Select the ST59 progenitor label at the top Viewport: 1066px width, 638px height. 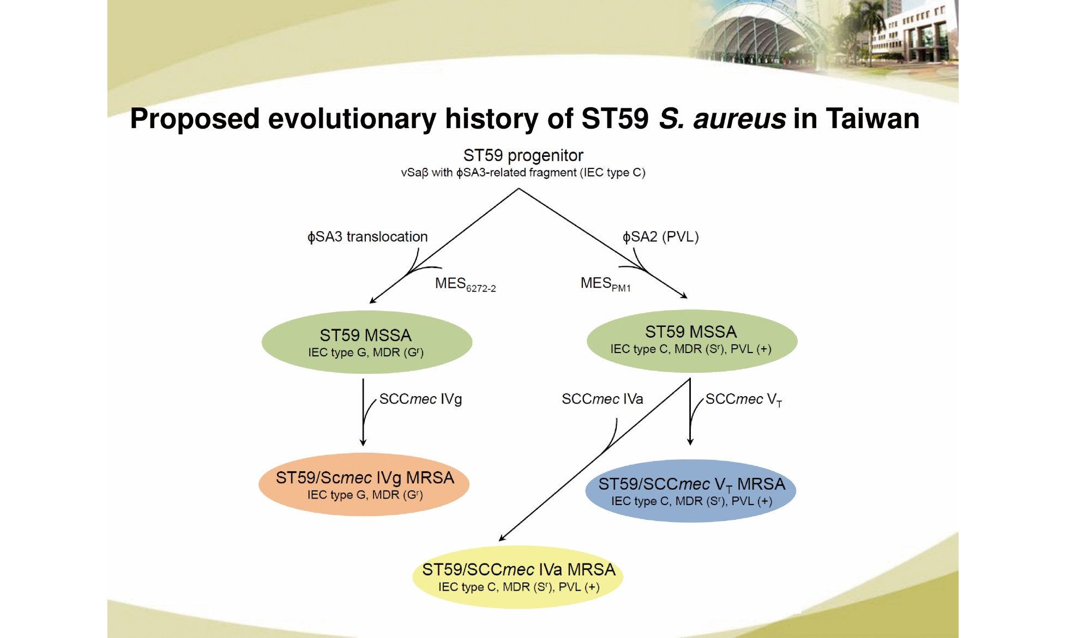[x=523, y=155]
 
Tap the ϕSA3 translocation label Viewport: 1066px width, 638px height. [x=368, y=236]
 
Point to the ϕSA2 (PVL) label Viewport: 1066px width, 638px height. [x=661, y=236]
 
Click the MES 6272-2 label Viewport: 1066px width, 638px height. [x=465, y=284]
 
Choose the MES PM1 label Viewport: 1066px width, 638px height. [x=605, y=284]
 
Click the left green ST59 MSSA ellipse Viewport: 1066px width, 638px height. [x=367, y=342]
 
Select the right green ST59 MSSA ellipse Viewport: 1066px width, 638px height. [x=692, y=341]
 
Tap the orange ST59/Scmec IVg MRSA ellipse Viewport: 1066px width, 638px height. [x=364, y=484]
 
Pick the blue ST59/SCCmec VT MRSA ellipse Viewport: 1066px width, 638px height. [x=691, y=490]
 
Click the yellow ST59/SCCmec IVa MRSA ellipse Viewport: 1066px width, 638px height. [x=518, y=577]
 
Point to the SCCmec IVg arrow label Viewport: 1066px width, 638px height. [x=420, y=399]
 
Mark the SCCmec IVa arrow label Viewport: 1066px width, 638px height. [x=603, y=399]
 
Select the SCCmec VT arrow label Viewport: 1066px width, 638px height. [x=744, y=400]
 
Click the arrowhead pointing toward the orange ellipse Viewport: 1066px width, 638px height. [x=363, y=442]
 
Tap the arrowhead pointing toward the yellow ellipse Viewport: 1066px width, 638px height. [x=502, y=538]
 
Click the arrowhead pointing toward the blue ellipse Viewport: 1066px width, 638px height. [x=690, y=441]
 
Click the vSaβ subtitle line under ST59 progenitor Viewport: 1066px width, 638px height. [x=523, y=173]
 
